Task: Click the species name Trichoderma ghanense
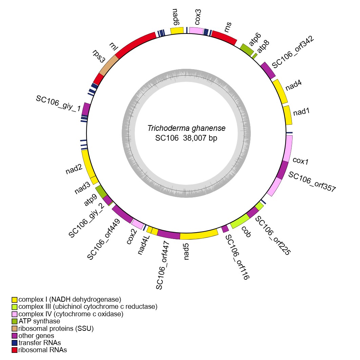[x=186, y=129]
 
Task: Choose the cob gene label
[x=246, y=232]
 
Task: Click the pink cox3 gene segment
[x=196, y=31]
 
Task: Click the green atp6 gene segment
[x=247, y=50]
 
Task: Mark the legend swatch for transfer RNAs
[x=15, y=343]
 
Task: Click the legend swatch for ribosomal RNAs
[x=15, y=350]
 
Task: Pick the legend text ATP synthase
[x=39, y=321]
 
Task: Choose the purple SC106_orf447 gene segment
[x=168, y=234]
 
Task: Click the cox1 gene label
[x=300, y=160]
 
